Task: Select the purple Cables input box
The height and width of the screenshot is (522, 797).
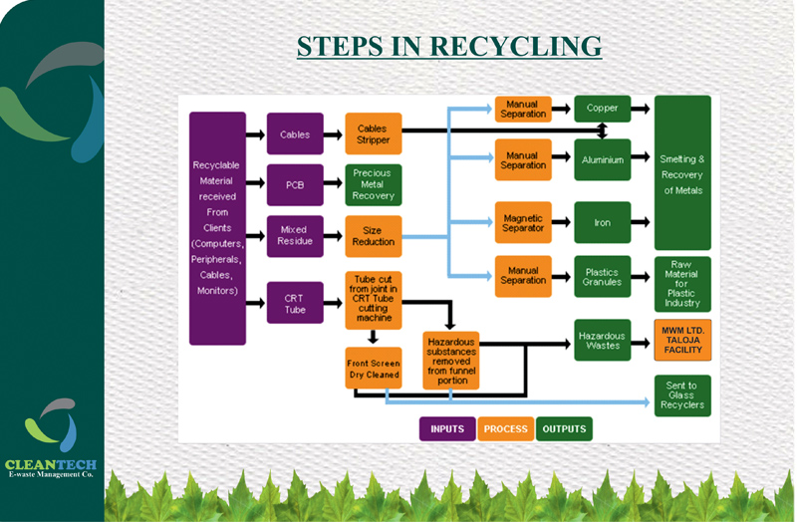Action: click(x=295, y=134)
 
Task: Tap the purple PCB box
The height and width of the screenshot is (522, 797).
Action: click(x=295, y=185)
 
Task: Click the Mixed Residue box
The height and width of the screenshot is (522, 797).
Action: click(x=295, y=236)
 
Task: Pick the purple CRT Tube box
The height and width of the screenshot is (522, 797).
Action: click(x=295, y=303)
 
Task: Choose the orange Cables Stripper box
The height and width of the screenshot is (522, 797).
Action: click(x=373, y=134)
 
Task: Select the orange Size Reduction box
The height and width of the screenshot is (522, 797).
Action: click(x=373, y=236)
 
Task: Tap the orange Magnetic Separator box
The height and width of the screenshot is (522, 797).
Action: click(x=523, y=223)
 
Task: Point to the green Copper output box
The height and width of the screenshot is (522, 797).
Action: click(x=602, y=109)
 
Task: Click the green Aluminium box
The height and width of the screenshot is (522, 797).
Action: click(x=602, y=159)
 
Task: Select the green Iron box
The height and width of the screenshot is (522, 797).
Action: click(x=602, y=223)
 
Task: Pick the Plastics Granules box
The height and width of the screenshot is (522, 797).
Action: click(x=602, y=276)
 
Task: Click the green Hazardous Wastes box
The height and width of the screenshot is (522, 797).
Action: click(x=602, y=340)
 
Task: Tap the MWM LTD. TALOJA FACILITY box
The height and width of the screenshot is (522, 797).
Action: click(x=682, y=340)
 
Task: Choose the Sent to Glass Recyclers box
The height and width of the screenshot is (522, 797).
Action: click(x=682, y=394)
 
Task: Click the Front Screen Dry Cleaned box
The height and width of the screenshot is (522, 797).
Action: click(x=373, y=369)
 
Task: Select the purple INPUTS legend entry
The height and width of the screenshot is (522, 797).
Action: click(x=447, y=429)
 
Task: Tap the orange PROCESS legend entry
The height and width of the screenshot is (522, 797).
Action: click(x=505, y=429)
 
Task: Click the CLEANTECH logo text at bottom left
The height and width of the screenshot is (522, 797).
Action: click(x=51, y=464)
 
